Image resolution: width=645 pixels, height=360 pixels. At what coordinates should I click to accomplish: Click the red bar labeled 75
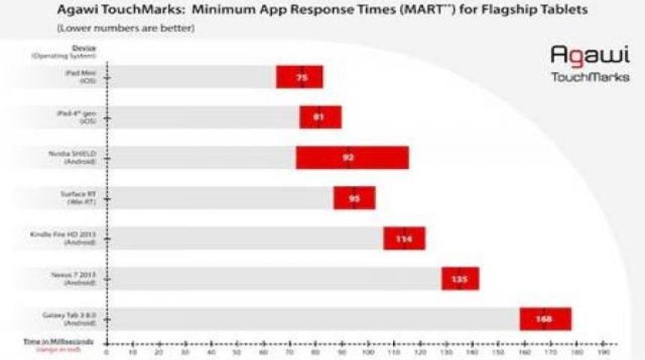tap(300, 76)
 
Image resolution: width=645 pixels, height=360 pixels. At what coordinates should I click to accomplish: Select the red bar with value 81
tap(320, 117)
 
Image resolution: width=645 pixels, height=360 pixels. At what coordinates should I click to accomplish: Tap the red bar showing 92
tap(352, 157)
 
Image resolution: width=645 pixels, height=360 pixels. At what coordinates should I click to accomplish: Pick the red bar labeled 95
tap(355, 198)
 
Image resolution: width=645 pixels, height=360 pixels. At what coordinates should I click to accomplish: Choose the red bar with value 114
tap(404, 238)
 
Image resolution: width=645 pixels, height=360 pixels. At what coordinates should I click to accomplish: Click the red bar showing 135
tap(460, 278)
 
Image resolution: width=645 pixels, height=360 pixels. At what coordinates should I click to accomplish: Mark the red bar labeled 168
tap(545, 319)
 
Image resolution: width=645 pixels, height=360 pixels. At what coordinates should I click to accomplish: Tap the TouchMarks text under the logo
tap(589, 76)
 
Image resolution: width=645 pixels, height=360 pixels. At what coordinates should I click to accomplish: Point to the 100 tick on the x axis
tap(367, 350)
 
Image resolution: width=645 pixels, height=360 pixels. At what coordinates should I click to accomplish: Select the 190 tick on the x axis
tap(602, 350)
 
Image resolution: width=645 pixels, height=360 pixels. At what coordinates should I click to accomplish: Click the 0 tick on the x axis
tap(107, 350)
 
